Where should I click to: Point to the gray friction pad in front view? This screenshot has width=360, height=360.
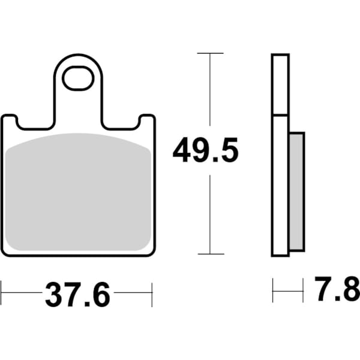point(78,192)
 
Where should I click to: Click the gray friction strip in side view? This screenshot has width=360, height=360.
point(296,191)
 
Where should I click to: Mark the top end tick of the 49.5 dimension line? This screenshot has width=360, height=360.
point(210,53)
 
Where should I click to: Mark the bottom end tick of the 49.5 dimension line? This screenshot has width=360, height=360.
point(210,254)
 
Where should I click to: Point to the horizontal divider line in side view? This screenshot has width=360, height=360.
point(281,115)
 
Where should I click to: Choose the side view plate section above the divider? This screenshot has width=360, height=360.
point(281,84)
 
